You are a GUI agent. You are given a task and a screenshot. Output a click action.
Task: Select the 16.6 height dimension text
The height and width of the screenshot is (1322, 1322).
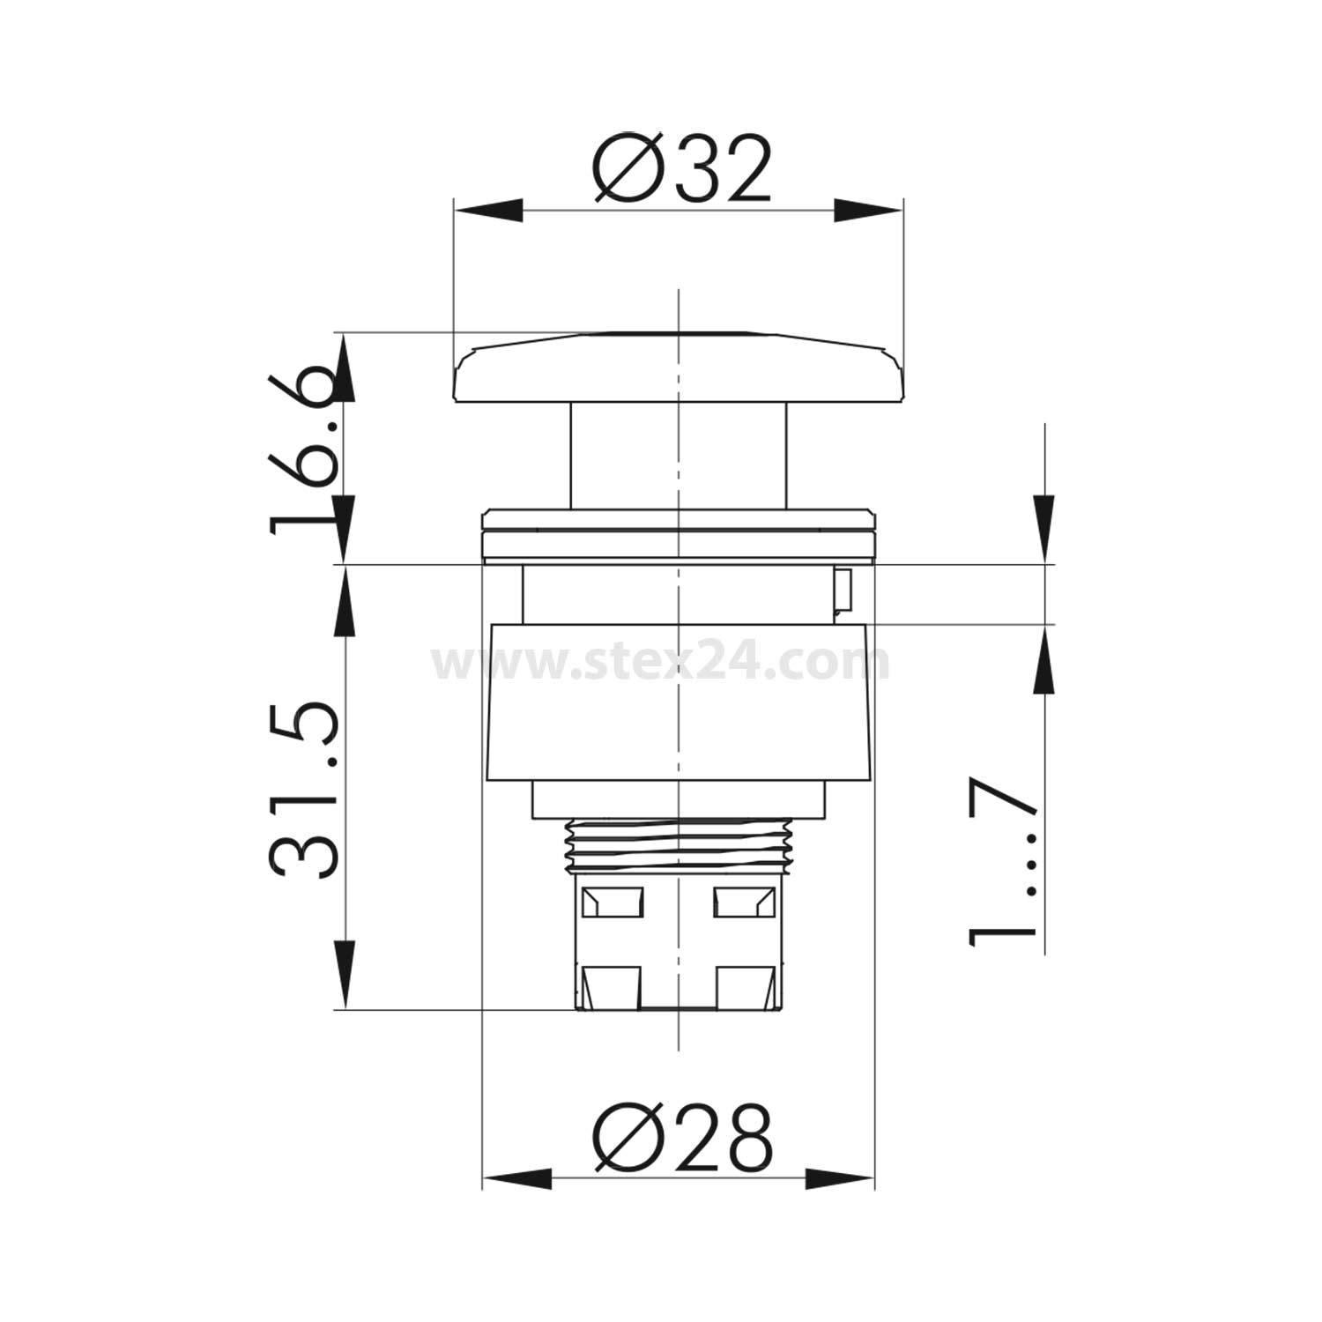click(x=304, y=454)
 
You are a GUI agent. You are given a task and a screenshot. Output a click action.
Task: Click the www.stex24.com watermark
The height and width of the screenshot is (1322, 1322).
click(x=660, y=663)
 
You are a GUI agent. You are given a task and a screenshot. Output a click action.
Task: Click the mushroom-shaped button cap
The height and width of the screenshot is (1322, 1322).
click(x=678, y=370)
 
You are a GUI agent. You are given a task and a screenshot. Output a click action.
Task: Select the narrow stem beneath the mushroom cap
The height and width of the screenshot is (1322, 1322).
click(x=678, y=456)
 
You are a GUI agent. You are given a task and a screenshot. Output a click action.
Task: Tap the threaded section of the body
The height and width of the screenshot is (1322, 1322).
click(x=678, y=843)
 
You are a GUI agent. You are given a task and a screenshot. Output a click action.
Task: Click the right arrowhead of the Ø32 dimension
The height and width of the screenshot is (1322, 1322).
click(x=869, y=211)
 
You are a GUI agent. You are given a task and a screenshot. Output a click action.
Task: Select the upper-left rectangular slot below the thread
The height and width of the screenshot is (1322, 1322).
click(x=613, y=901)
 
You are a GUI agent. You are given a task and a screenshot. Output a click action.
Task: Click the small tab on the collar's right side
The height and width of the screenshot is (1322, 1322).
click(x=841, y=590)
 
